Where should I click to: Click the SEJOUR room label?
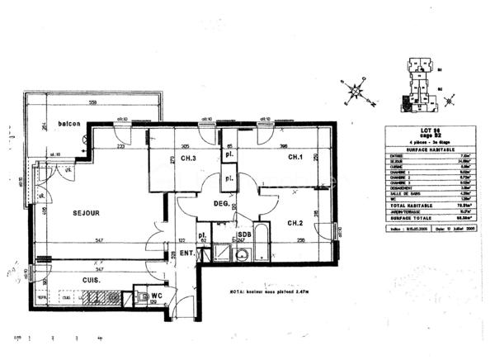(x=86, y=213)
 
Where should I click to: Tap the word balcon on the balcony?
(x=69, y=124)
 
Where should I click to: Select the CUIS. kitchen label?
(x=91, y=281)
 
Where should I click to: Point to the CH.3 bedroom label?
(x=188, y=159)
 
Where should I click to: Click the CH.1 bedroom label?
(x=295, y=158)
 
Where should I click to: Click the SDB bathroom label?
(x=243, y=234)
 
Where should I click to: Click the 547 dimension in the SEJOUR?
(x=99, y=239)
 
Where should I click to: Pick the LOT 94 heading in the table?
(x=427, y=130)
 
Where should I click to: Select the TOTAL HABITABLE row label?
(x=404, y=205)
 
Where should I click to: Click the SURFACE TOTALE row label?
(x=404, y=219)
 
